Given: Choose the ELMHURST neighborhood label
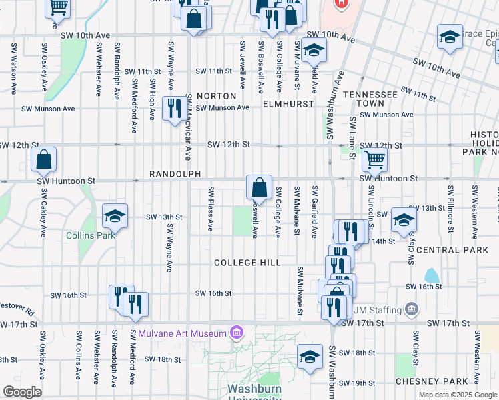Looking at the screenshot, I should click(x=288, y=105).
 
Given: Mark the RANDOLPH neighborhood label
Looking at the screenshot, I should click(x=175, y=174).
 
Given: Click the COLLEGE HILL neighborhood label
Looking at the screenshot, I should click(x=247, y=263).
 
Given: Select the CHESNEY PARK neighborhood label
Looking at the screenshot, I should click(x=432, y=381).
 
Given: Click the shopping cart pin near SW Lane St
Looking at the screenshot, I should click(x=375, y=159).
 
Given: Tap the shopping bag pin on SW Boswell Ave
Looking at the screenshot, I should click(x=259, y=187).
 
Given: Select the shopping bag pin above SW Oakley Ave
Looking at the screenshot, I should click(x=43, y=160).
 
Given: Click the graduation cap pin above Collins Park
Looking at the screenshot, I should click(x=115, y=216).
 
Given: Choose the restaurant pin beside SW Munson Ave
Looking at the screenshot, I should click(x=175, y=109).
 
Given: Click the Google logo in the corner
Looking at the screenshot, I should click(x=22, y=392).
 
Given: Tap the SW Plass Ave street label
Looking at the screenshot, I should click(x=210, y=209).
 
